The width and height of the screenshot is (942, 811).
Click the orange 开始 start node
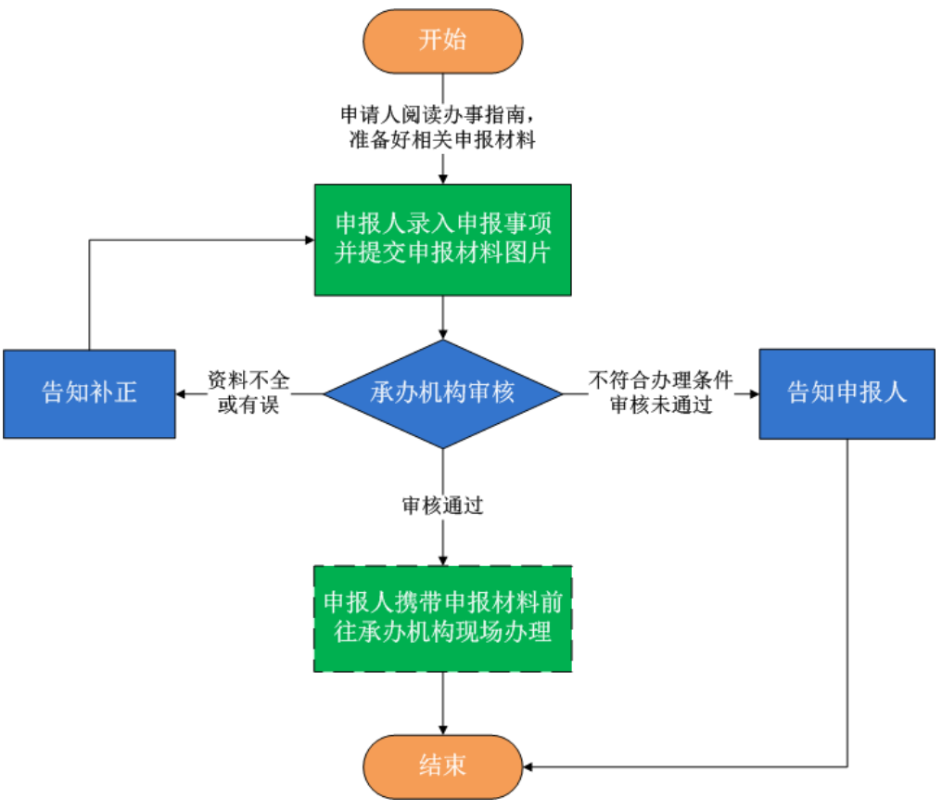point(442,42)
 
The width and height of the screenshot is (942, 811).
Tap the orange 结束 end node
point(442,766)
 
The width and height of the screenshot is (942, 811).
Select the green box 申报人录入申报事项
point(442,239)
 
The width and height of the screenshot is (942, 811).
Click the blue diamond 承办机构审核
point(442,393)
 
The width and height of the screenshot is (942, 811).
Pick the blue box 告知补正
point(89,393)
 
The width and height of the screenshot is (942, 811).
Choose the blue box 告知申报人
point(847,393)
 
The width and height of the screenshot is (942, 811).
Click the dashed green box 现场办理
point(442,618)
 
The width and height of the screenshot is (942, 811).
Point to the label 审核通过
point(442,507)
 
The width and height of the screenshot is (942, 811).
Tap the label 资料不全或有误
point(248,393)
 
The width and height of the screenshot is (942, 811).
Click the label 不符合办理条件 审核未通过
point(660,393)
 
